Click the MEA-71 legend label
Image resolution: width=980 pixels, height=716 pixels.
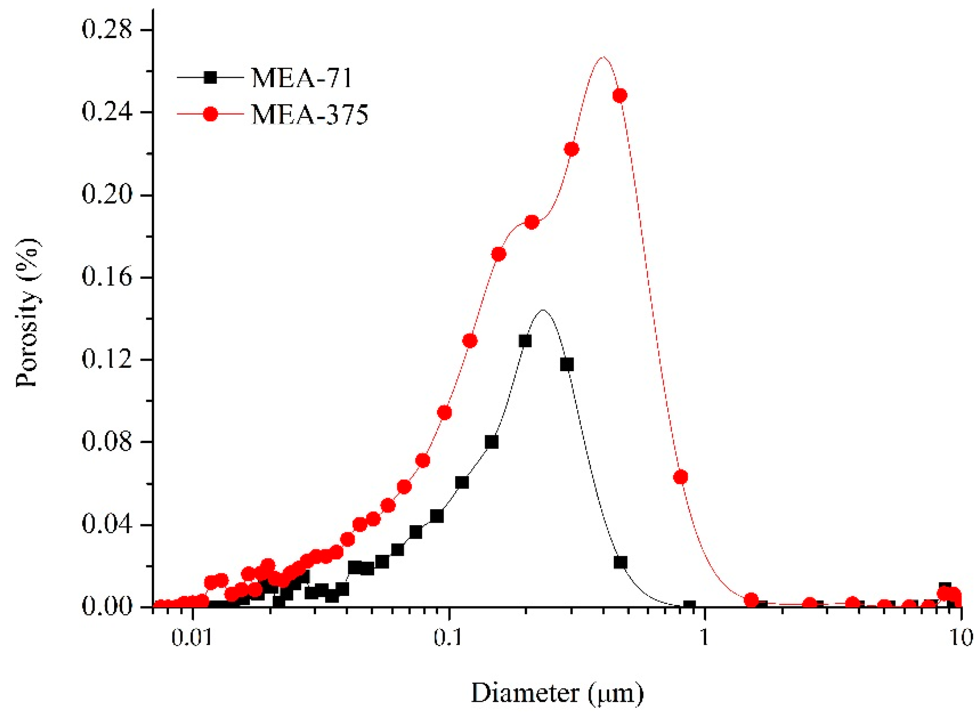coord(302,78)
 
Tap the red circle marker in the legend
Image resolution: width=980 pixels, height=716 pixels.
coord(210,114)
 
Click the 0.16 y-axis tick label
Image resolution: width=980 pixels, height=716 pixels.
coord(107,277)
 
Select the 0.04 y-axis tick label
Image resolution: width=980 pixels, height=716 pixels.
coord(107,525)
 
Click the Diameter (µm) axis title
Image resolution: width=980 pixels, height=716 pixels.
coord(557,693)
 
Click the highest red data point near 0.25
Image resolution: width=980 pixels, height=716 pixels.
coord(620,95)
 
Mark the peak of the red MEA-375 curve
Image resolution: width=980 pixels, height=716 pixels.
coord(602,57)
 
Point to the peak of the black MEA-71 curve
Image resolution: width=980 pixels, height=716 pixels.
coord(543,311)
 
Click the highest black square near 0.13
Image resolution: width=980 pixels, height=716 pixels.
coord(525,341)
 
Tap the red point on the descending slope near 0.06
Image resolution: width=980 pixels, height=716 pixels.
coord(680,477)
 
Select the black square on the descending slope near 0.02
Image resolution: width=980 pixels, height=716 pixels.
coord(620,562)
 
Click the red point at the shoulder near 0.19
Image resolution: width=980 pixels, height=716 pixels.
coord(532,222)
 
